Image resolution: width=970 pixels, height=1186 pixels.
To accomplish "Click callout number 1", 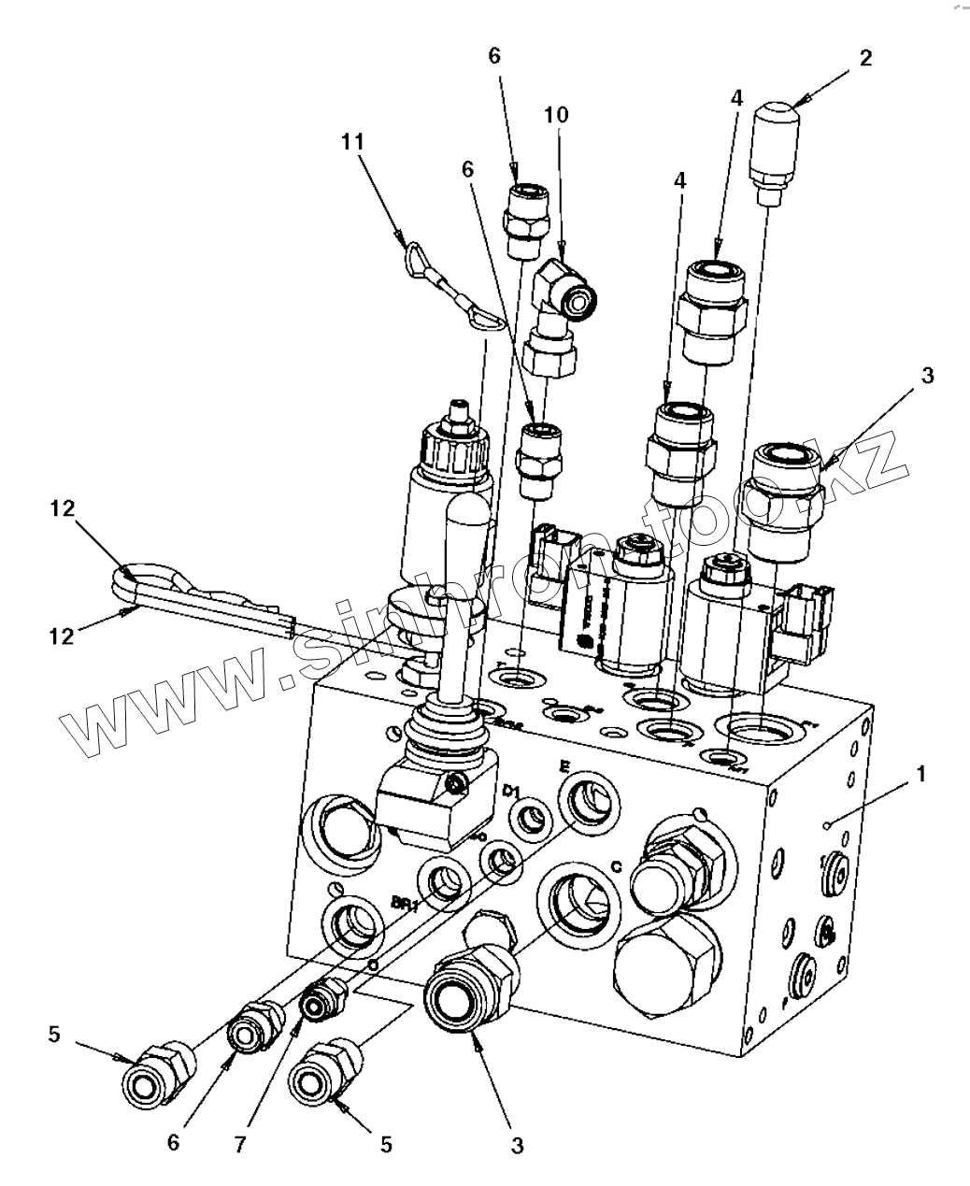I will tap(921, 774).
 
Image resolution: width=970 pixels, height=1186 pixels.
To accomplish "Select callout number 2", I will tap(865, 59).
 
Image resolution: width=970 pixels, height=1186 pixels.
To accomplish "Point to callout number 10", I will tap(556, 115).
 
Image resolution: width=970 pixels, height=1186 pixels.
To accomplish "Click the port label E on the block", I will tap(563, 765).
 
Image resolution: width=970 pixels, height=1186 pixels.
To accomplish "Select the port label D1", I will tap(510, 792).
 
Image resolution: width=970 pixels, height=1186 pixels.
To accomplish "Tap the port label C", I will tap(617, 865).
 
